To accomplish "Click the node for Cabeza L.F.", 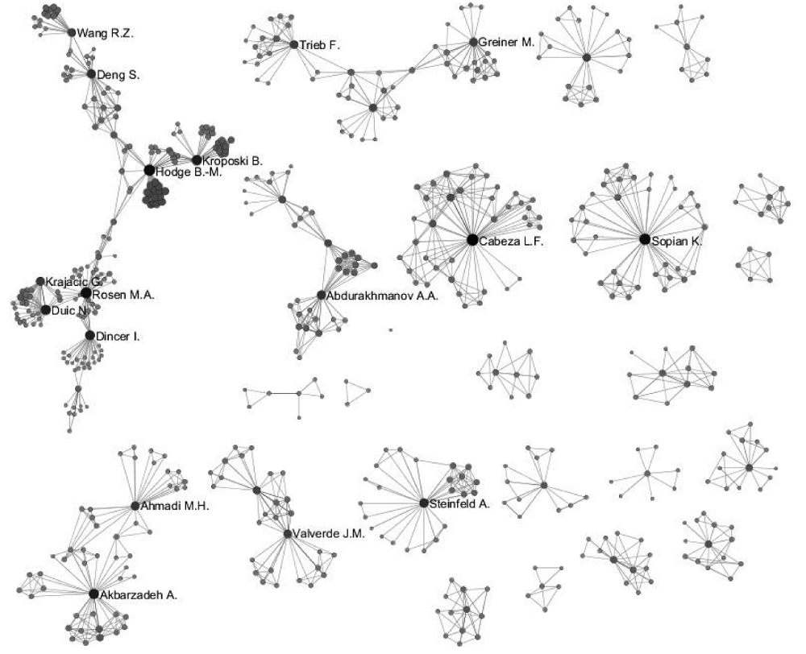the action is pos(472,239).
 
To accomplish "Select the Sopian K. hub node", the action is pos(645,239).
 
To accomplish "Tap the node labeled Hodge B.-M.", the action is pos(149,170).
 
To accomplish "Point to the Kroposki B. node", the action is pos(197,160).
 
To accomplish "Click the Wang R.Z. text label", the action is pos(105,33).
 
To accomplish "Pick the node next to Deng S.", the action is pos(91,74).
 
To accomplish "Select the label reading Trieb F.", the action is pos(320,45).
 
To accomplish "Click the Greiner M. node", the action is pos(473,42).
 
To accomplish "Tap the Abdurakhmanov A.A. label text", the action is pos(382,296).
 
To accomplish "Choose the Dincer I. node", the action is pos(90,336).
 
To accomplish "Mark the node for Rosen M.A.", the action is pos(86,293).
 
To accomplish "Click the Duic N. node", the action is pos(45,310).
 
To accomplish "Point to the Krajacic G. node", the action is pos(40,281).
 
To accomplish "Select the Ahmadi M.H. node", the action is pos(135,506).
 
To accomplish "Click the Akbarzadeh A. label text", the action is pos(139,595).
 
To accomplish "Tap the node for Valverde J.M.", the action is pos(288,534).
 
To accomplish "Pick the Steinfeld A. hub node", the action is pos(424,503).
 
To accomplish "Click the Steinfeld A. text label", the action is pos(459,504).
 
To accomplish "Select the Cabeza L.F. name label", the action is pos(511,241).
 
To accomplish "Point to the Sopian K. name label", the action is pos(676,241).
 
